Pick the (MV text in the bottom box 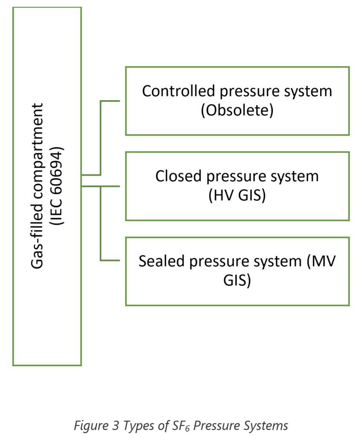click(x=321, y=261)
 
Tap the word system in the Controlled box click(x=306, y=91)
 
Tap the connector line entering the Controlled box click(x=112, y=101)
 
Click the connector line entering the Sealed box click(x=112, y=260)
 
